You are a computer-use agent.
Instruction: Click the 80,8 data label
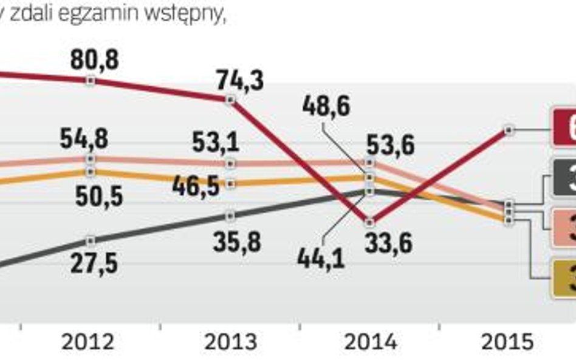click(x=94, y=60)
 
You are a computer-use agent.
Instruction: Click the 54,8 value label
click(x=84, y=139)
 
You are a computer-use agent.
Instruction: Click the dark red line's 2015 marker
click(x=509, y=129)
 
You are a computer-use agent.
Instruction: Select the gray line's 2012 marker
click(x=91, y=239)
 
